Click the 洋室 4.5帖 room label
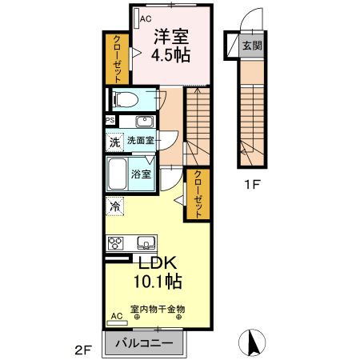171,47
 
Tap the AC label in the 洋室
146,18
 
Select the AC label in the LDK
117,315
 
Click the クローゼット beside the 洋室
117,58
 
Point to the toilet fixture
125,99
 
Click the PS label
109,121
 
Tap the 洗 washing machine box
114,142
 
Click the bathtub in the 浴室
119,173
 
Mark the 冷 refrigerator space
114,206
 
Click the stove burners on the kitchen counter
114,243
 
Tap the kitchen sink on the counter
146,243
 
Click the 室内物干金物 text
158,307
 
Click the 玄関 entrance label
251,46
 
